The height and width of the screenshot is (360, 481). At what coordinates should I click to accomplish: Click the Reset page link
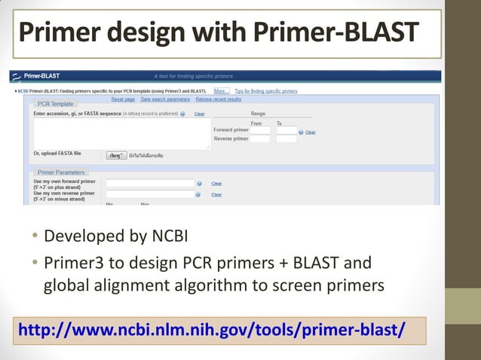(x=123, y=99)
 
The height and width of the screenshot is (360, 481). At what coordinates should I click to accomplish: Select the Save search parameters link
(x=165, y=99)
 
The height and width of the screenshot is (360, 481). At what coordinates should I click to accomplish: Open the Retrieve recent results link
(x=218, y=99)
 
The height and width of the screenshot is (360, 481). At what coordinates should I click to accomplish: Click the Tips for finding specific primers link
(x=266, y=90)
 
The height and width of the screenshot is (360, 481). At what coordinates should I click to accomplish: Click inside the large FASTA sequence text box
(x=121, y=133)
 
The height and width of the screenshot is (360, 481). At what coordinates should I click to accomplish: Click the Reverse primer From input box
(x=260, y=139)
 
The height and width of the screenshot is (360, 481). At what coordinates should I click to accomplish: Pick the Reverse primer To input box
(x=286, y=139)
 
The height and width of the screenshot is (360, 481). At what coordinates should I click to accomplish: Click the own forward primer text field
(x=150, y=183)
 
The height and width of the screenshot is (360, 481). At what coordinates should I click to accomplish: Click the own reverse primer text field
(x=150, y=194)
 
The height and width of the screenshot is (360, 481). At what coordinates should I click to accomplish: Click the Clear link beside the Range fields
(x=310, y=132)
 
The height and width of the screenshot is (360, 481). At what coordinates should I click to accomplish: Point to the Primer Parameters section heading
(x=61, y=172)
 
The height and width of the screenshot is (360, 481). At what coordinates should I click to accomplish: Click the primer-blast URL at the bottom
(x=211, y=331)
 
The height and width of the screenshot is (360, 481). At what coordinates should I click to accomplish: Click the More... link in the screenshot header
(x=220, y=90)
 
